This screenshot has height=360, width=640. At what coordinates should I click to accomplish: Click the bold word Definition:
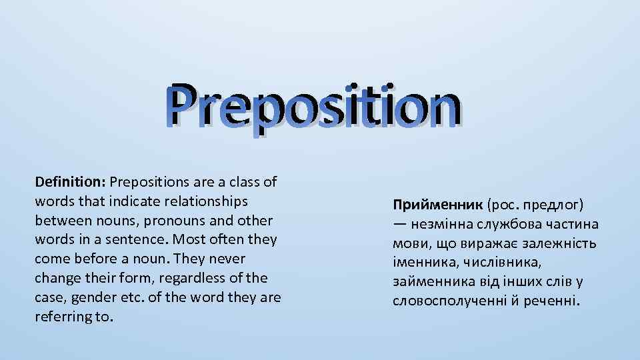(71, 182)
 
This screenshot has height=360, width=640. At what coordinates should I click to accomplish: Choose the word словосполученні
(449, 302)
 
